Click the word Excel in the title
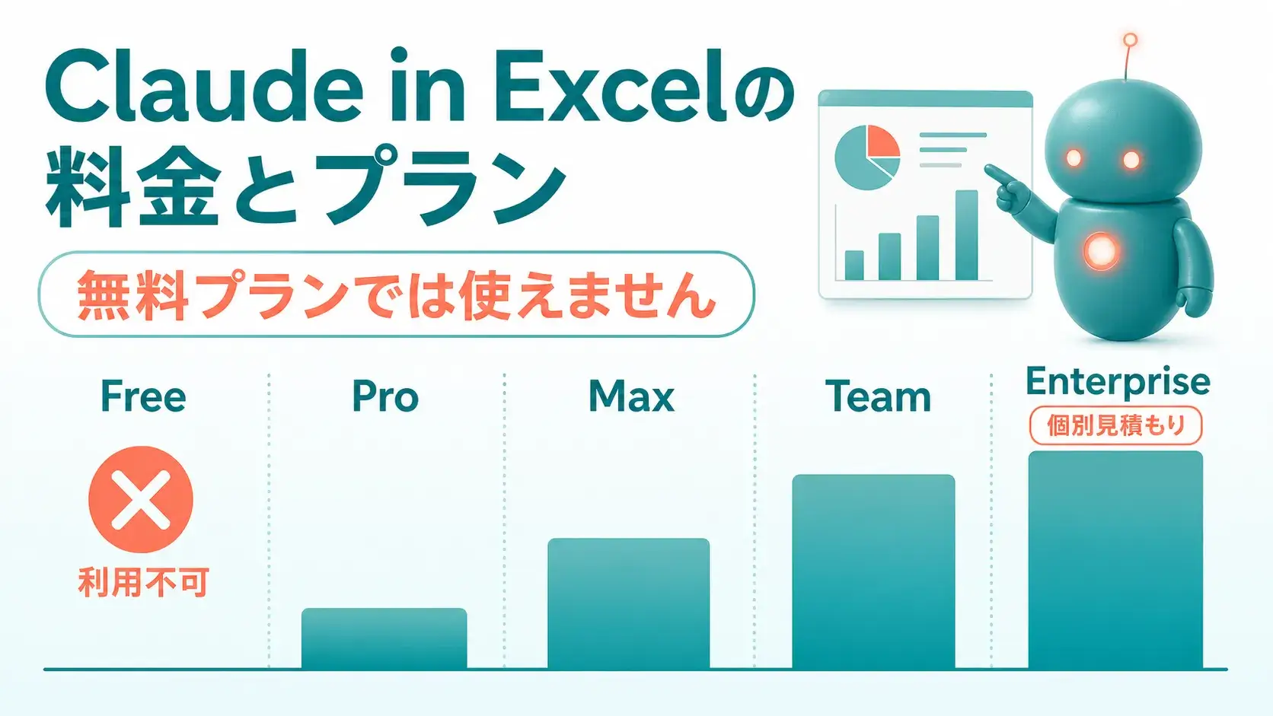[x=611, y=86]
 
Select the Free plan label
[x=143, y=396]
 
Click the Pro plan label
[x=385, y=396]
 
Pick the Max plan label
[x=631, y=396]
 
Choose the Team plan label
[x=878, y=396]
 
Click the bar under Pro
[x=384, y=639]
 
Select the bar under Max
[x=629, y=603]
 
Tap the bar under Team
[x=873, y=571]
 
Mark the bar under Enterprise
[x=1115, y=560]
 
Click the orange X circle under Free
[x=141, y=499]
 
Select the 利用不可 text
[x=143, y=582]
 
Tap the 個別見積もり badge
[x=1115, y=425]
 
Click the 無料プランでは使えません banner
[x=396, y=294]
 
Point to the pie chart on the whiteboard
[x=867, y=158]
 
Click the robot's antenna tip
[x=1131, y=40]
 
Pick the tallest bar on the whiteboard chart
[x=967, y=235]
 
